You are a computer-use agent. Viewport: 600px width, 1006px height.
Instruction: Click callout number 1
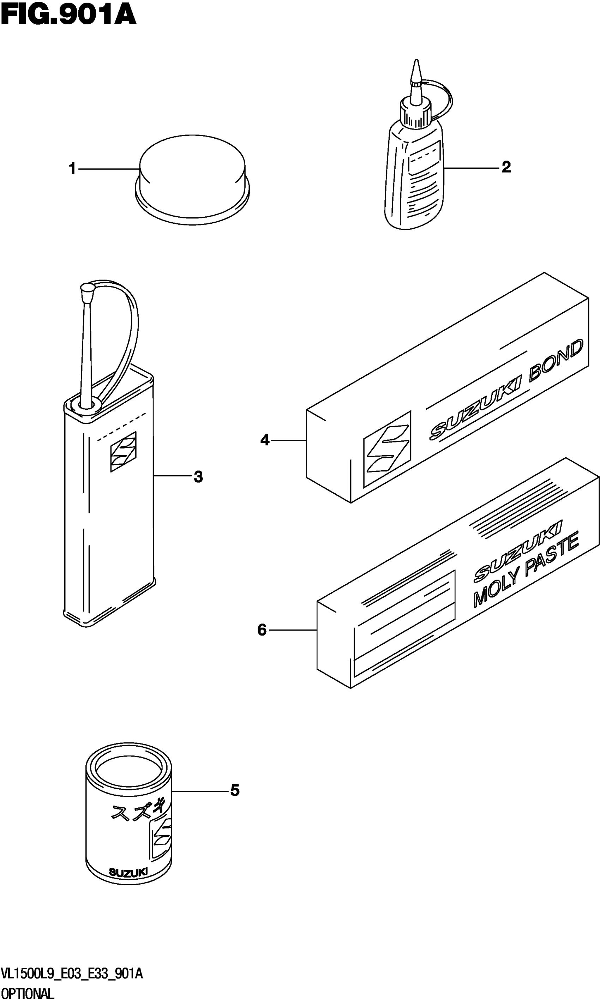(x=72, y=169)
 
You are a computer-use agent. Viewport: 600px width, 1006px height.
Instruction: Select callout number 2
(x=506, y=167)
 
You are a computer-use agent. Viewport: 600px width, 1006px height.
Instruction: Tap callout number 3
(x=198, y=477)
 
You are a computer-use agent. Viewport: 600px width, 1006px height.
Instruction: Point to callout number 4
(x=265, y=440)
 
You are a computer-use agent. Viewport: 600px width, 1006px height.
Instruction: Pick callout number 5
(x=235, y=790)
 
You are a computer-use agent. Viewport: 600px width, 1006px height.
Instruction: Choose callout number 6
(x=262, y=630)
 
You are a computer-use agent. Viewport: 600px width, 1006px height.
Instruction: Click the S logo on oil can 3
(x=123, y=451)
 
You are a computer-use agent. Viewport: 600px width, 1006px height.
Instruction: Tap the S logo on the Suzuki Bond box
(x=387, y=448)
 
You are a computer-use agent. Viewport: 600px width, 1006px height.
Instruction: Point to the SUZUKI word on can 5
(x=128, y=873)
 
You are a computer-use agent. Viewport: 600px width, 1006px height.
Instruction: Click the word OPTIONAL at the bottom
(x=28, y=994)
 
